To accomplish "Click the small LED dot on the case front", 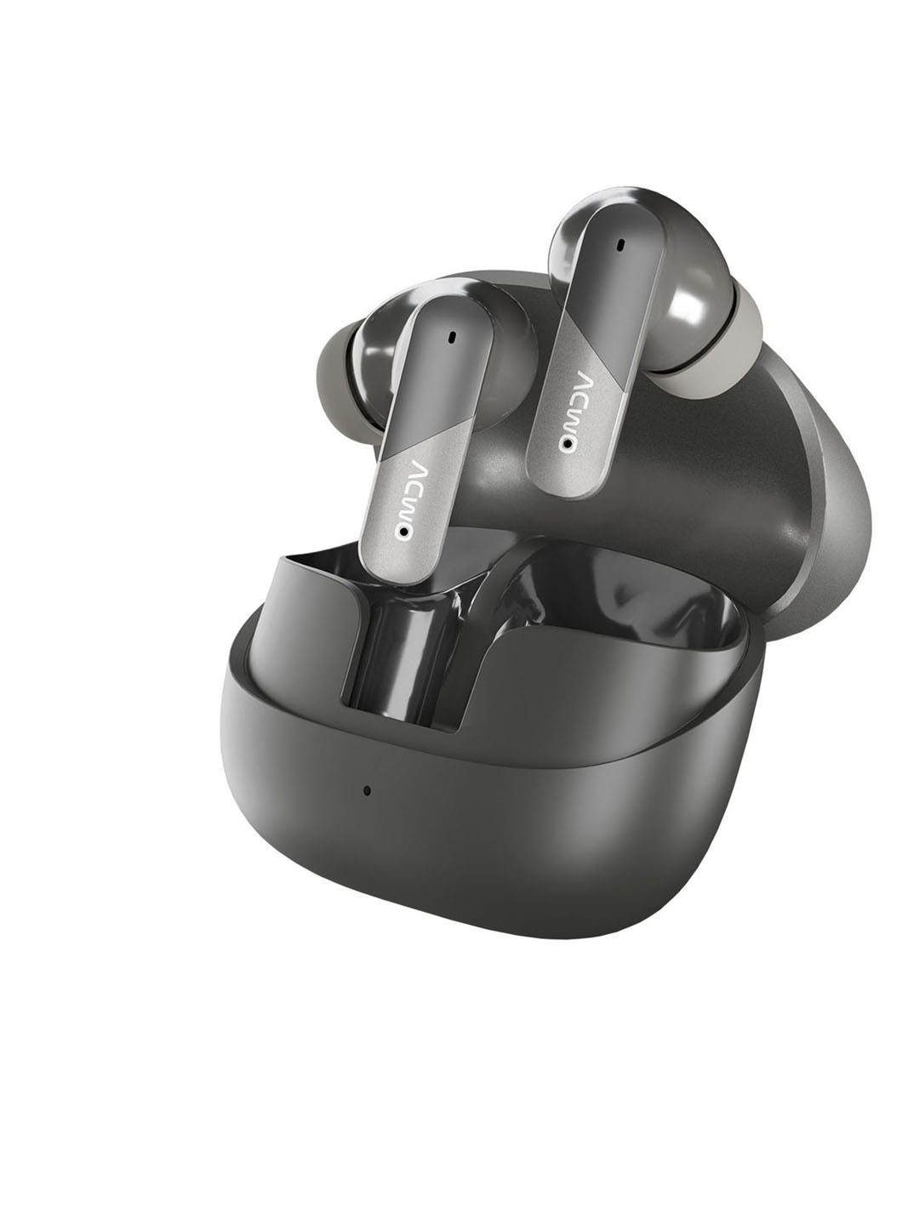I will pos(367,791).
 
